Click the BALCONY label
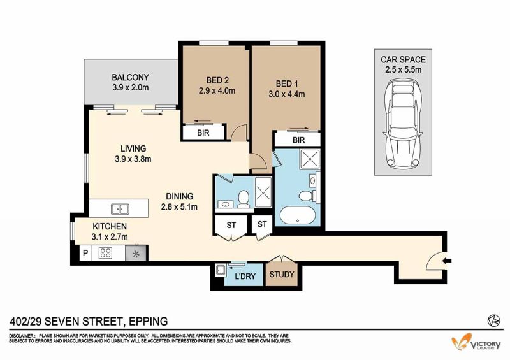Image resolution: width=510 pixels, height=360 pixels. coord(131,77)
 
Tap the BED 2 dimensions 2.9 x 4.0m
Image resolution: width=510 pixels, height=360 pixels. coord(217,90)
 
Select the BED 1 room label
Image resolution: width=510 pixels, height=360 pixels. coord(286,83)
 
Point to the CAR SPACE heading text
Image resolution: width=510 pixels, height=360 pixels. coord(404,59)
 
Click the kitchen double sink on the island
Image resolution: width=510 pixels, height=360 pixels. coord(120,209)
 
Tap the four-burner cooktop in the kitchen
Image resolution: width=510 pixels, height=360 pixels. coord(106,253)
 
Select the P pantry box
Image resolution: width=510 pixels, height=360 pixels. coord(85,253)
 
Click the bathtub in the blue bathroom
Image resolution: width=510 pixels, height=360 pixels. coord(297,216)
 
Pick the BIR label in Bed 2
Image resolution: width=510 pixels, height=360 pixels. coord(203,133)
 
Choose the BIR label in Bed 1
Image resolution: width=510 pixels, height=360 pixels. coord(298,140)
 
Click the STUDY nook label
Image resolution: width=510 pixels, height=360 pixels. coord(282,275)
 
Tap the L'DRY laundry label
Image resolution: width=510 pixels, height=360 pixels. coord(245,277)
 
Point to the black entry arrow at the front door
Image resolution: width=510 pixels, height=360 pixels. coord(448,260)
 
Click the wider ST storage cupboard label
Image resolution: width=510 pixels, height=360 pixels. coord(231,225)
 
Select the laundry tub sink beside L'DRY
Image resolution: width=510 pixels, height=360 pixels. coord(220,270)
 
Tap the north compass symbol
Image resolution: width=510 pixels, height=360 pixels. coord(493,321)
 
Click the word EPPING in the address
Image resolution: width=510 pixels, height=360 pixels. coord(149,322)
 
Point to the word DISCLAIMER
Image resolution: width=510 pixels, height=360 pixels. coord(22,336)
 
